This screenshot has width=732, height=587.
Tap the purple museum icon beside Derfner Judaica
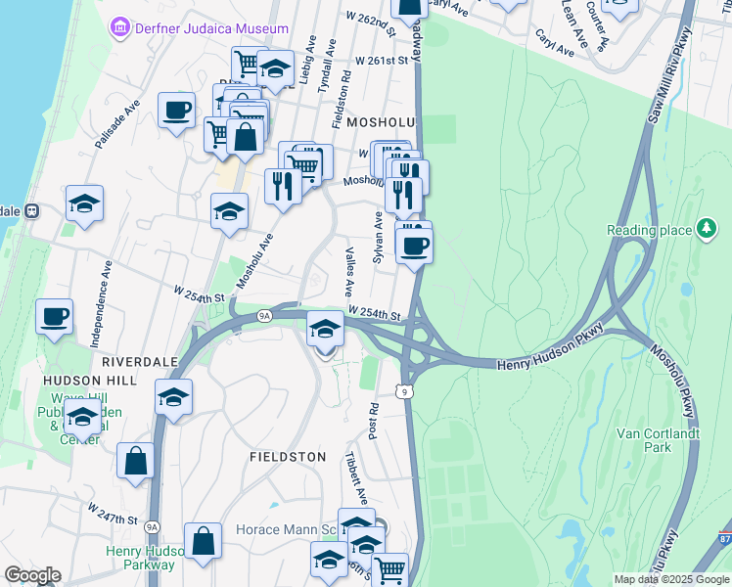(121, 27)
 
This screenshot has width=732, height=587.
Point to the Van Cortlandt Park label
(658, 439)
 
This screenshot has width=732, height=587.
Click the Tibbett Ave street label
(356, 477)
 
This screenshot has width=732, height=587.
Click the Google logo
(32, 575)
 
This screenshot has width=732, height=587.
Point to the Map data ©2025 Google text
(669, 579)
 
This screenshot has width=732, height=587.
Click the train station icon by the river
(31, 209)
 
